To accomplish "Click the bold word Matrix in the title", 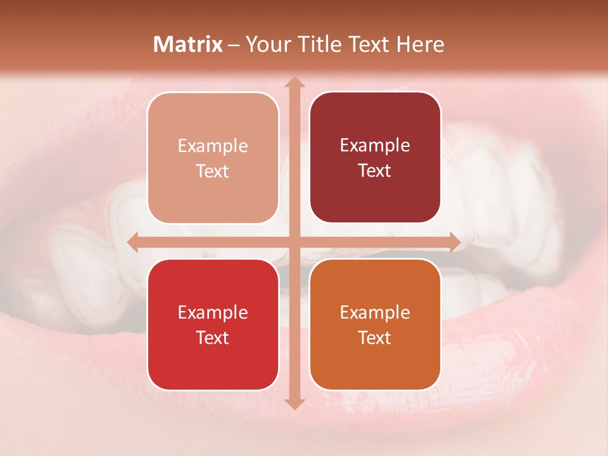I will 188,44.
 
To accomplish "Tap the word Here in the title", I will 420,44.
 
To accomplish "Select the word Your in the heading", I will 266,44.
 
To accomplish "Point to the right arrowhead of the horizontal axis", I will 454,242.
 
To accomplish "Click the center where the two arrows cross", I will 293,242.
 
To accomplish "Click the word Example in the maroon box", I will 375,145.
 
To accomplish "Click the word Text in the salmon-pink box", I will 213,171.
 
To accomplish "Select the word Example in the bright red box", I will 213,312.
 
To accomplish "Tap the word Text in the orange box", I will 375,338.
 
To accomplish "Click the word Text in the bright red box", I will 213,338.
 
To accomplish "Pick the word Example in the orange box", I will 375,312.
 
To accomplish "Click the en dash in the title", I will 234,45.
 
